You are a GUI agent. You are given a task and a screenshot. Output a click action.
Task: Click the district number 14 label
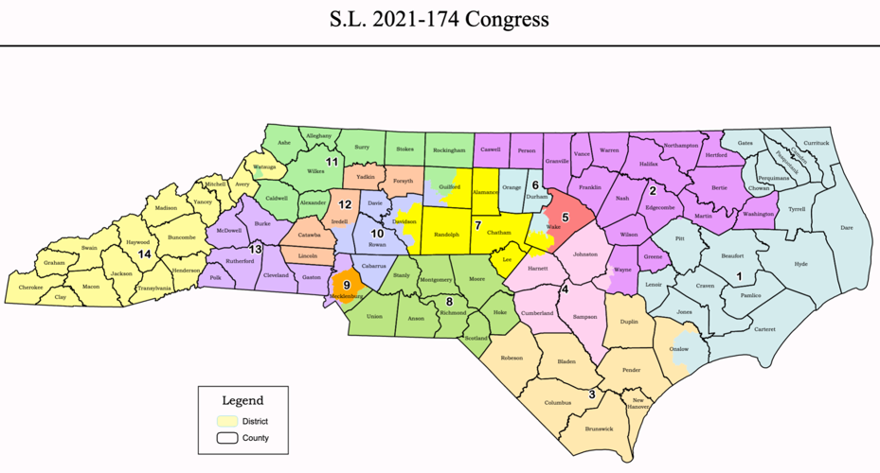(x=144, y=254)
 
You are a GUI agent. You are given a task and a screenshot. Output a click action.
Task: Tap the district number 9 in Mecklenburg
(x=347, y=285)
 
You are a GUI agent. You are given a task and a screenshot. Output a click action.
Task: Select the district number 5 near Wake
(x=566, y=217)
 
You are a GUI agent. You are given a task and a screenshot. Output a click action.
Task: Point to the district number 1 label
(x=739, y=276)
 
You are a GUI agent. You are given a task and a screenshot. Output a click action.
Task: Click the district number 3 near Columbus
(x=592, y=394)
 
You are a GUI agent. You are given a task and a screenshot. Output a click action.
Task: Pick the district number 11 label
(x=332, y=162)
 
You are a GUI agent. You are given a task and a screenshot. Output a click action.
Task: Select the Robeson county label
(x=512, y=359)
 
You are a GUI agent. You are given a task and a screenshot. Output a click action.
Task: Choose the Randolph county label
(x=445, y=235)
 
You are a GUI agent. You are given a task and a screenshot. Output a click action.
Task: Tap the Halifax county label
(x=649, y=164)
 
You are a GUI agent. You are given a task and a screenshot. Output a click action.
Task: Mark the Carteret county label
(x=763, y=328)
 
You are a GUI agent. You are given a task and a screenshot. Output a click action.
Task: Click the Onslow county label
(x=678, y=348)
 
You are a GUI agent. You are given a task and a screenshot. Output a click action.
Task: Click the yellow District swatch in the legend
(x=226, y=421)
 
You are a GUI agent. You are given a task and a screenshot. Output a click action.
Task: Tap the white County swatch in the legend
(x=226, y=438)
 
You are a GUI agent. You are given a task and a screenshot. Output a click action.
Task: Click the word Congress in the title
(x=502, y=19)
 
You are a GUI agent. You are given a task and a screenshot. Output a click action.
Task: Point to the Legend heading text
(x=242, y=400)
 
